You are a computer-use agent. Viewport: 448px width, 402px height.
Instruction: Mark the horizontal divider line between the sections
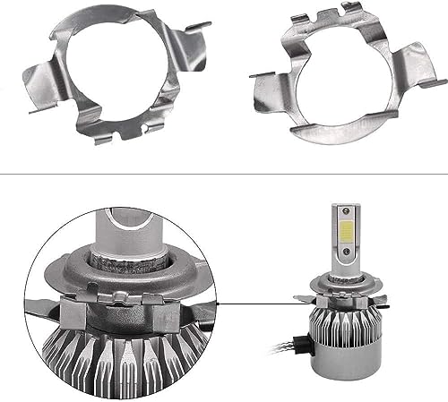[224, 173]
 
